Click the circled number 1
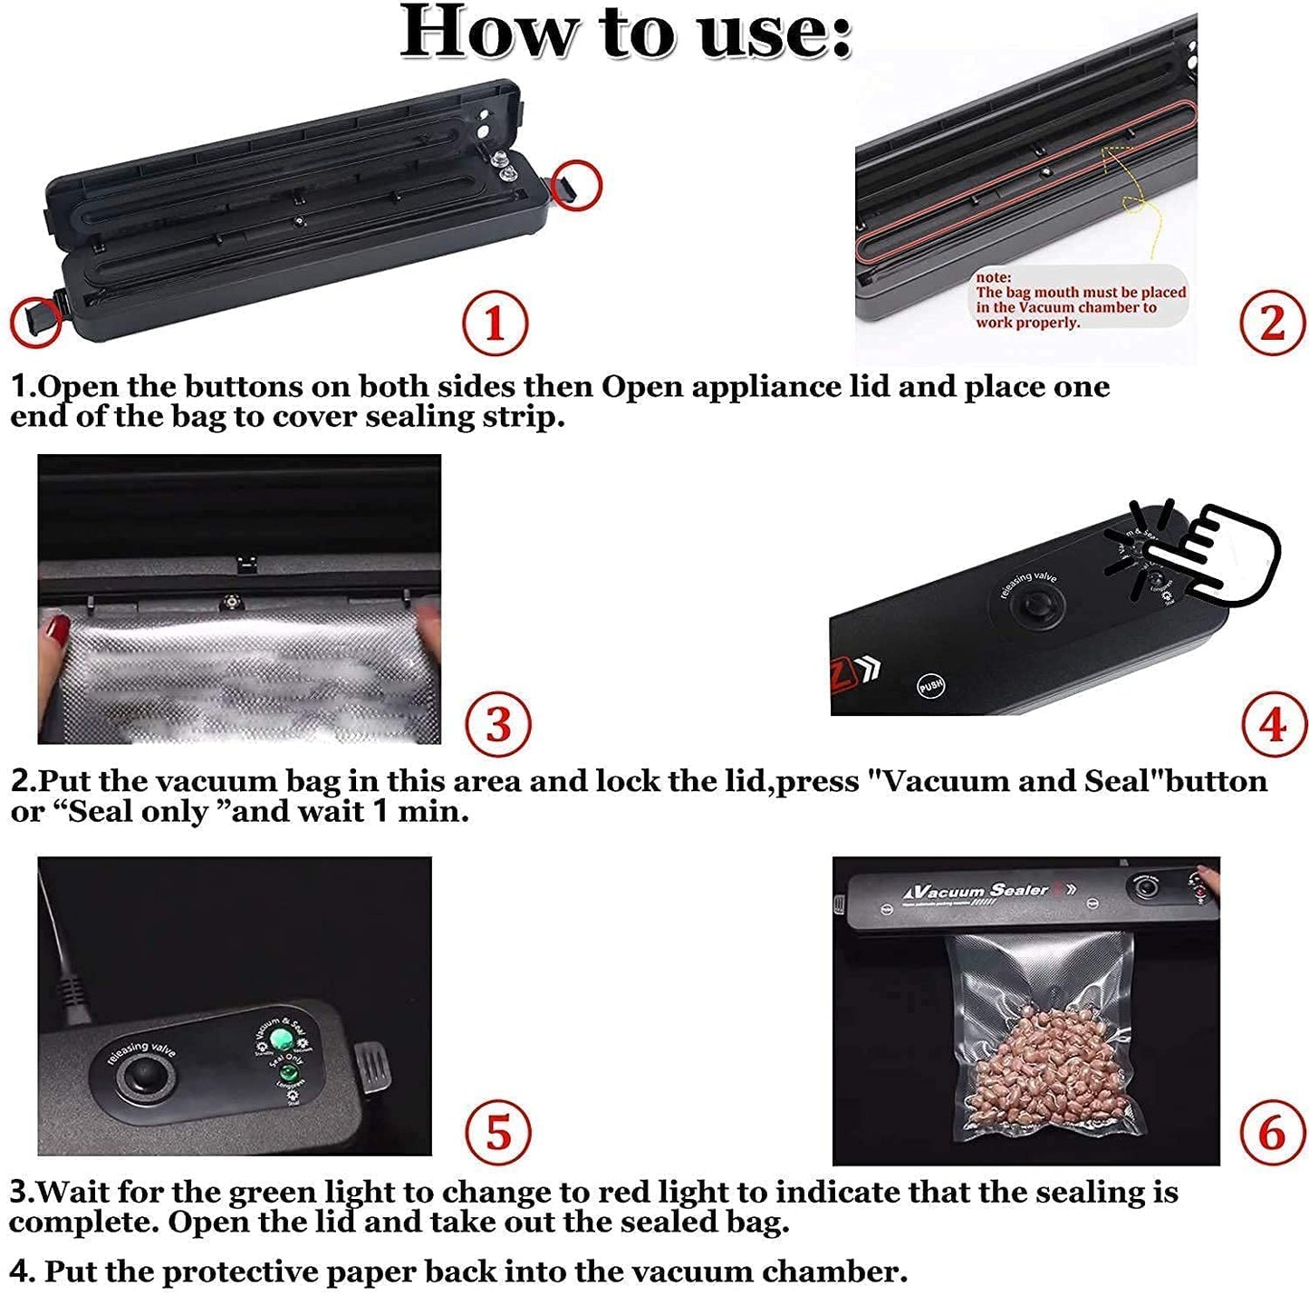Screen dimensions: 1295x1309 click(x=495, y=323)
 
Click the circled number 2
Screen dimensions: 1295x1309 click(x=1272, y=323)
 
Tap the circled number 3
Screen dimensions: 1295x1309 click(x=498, y=724)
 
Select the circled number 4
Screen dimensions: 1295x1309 click(x=1273, y=724)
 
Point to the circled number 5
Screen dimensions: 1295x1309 click(x=498, y=1132)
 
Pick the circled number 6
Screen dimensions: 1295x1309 click(x=1272, y=1132)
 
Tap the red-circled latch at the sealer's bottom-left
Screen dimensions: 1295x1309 click(x=36, y=322)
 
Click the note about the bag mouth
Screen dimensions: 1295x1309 click(x=1079, y=299)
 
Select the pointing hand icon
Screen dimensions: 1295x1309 click(x=1223, y=553)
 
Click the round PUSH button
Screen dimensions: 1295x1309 click(x=930, y=685)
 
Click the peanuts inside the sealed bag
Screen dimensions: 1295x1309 click(x=1042, y=1069)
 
